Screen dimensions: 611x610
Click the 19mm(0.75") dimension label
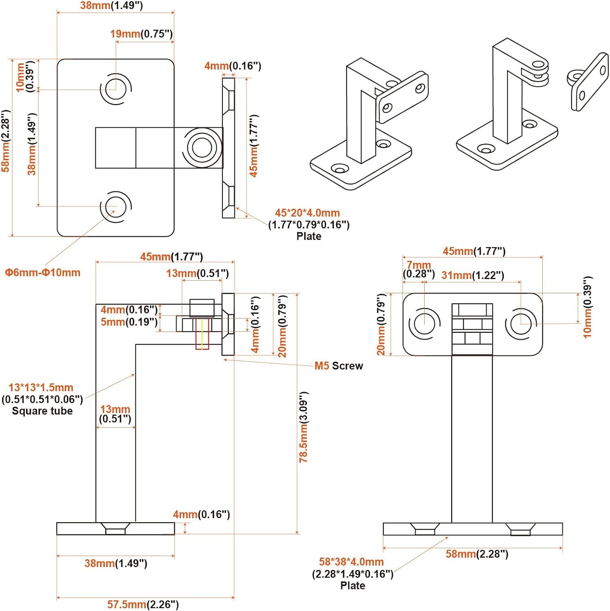(141, 34)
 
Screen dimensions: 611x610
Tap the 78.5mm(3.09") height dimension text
(304, 427)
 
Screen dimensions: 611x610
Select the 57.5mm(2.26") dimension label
(143, 604)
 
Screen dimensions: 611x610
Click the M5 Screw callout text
(338, 366)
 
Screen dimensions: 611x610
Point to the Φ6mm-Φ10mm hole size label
(42, 273)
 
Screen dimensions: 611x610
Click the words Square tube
(42, 411)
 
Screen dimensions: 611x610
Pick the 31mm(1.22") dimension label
(473, 275)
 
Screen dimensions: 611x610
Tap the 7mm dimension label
(418, 266)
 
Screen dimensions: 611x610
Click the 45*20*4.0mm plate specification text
(307, 213)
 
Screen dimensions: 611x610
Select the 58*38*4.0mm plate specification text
(351, 562)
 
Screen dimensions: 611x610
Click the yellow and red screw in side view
(202, 334)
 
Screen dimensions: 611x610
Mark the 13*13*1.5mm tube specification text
(41, 387)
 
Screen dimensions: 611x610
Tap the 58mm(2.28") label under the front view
(477, 554)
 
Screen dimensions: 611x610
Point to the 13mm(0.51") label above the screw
(197, 273)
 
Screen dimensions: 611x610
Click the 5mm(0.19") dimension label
(129, 322)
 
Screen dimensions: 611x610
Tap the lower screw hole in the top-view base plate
(116, 207)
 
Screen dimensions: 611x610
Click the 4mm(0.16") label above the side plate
(232, 66)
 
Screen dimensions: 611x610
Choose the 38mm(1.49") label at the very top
(111, 6)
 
